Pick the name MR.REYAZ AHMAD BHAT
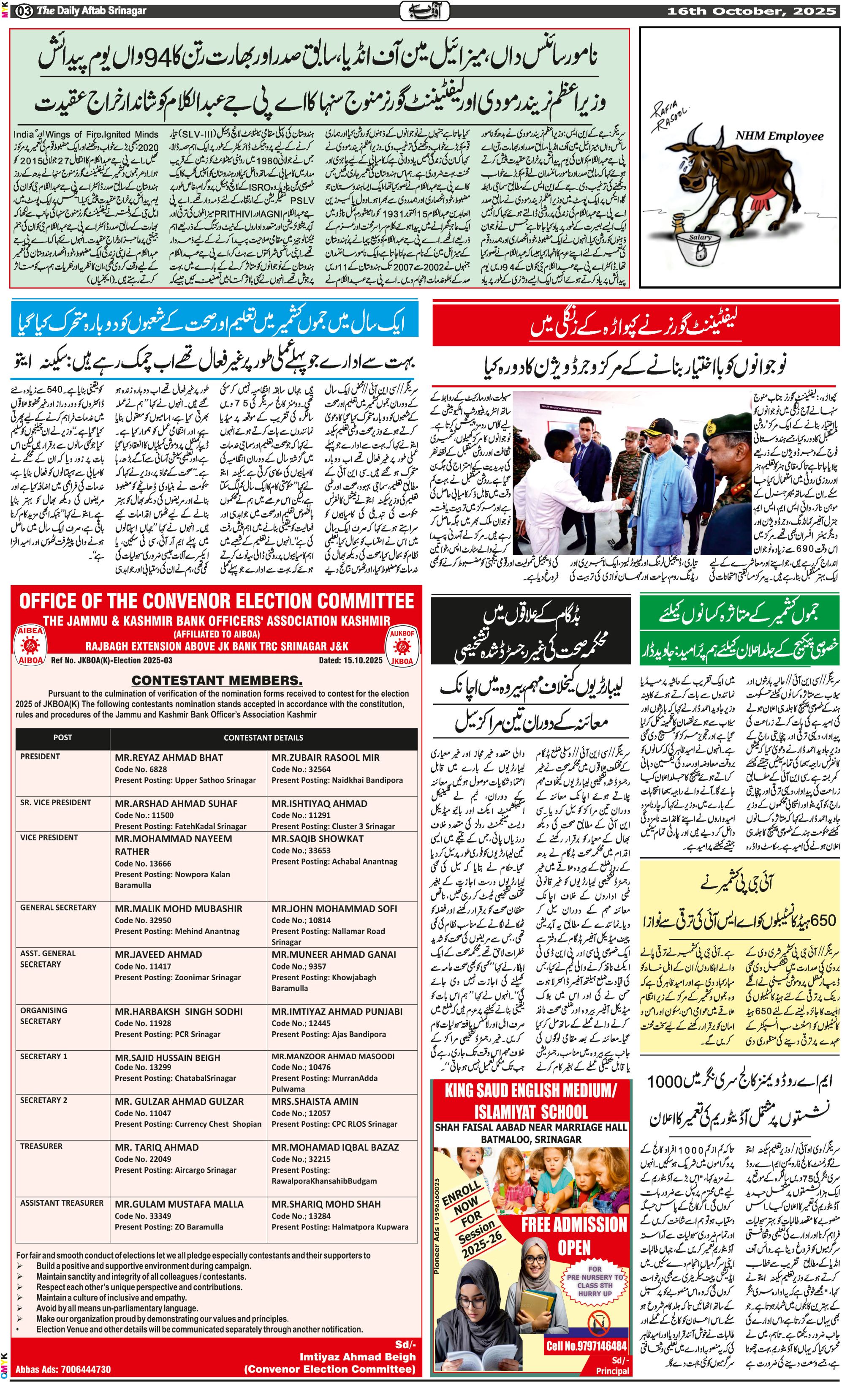(x=169, y=758)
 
